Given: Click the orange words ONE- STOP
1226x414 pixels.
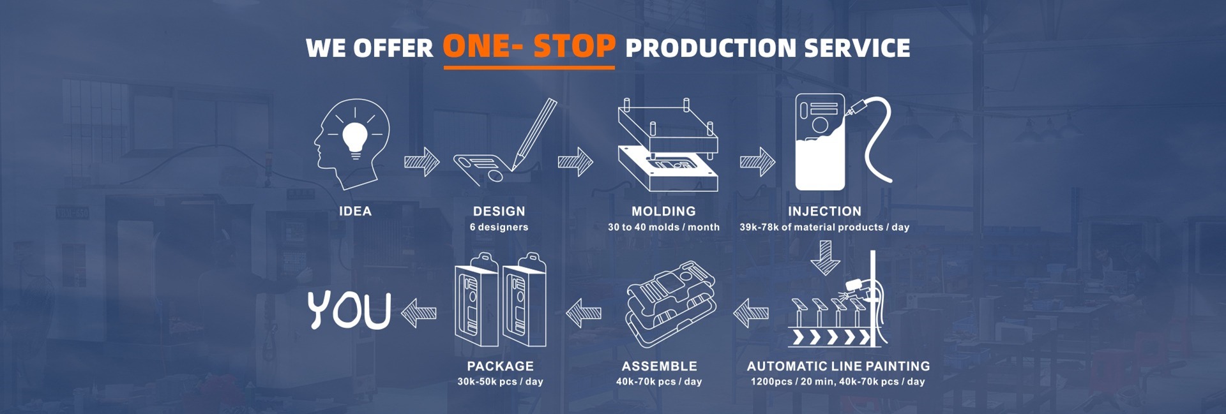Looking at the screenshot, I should (x=529, y=47).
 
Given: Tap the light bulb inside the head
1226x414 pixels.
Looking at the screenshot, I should (x=355, y=138).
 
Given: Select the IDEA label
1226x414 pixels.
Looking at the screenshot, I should (x=355, y=211).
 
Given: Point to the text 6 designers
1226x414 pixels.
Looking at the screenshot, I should (x=499, y=227).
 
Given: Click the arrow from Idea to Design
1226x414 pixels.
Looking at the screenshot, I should (x=421, y=162).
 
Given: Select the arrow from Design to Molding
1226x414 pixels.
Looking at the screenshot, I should (x=575, y=162).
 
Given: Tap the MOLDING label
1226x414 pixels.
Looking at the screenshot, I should (x=663, y=211).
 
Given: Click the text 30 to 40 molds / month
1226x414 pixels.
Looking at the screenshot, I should (x=663, y=227).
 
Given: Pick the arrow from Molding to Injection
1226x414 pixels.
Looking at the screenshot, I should (x=757, y=162).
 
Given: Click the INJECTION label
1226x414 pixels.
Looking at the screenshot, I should (x=824, y=211).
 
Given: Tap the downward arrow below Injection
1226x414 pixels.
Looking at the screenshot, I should (x=825, y=258).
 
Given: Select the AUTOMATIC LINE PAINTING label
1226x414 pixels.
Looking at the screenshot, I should (x=838, y=366).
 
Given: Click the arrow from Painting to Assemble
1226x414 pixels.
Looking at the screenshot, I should (x=751, y=313).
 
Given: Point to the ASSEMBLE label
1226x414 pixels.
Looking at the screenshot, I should (x=659, y=366).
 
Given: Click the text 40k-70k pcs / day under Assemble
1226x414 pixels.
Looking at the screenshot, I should (x=659, y=381).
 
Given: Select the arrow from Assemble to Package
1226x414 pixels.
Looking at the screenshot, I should (x=584, y=313).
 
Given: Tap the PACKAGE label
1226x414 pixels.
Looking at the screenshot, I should (x=500, y=366).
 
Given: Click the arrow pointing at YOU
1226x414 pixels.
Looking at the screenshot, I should (x=419, y=313).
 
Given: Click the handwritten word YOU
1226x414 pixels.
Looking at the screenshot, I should (x=349, y=311).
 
